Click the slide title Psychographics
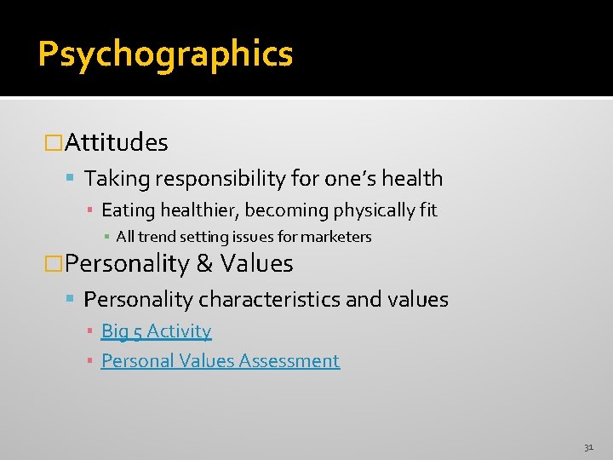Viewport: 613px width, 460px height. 165,54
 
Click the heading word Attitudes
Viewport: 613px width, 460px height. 117,142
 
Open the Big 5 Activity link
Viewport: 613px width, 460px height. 156,331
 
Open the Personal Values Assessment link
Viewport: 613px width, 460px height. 220,361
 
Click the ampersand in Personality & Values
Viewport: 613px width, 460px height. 204,264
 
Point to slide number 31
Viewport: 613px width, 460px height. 588,446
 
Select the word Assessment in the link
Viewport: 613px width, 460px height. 289,361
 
